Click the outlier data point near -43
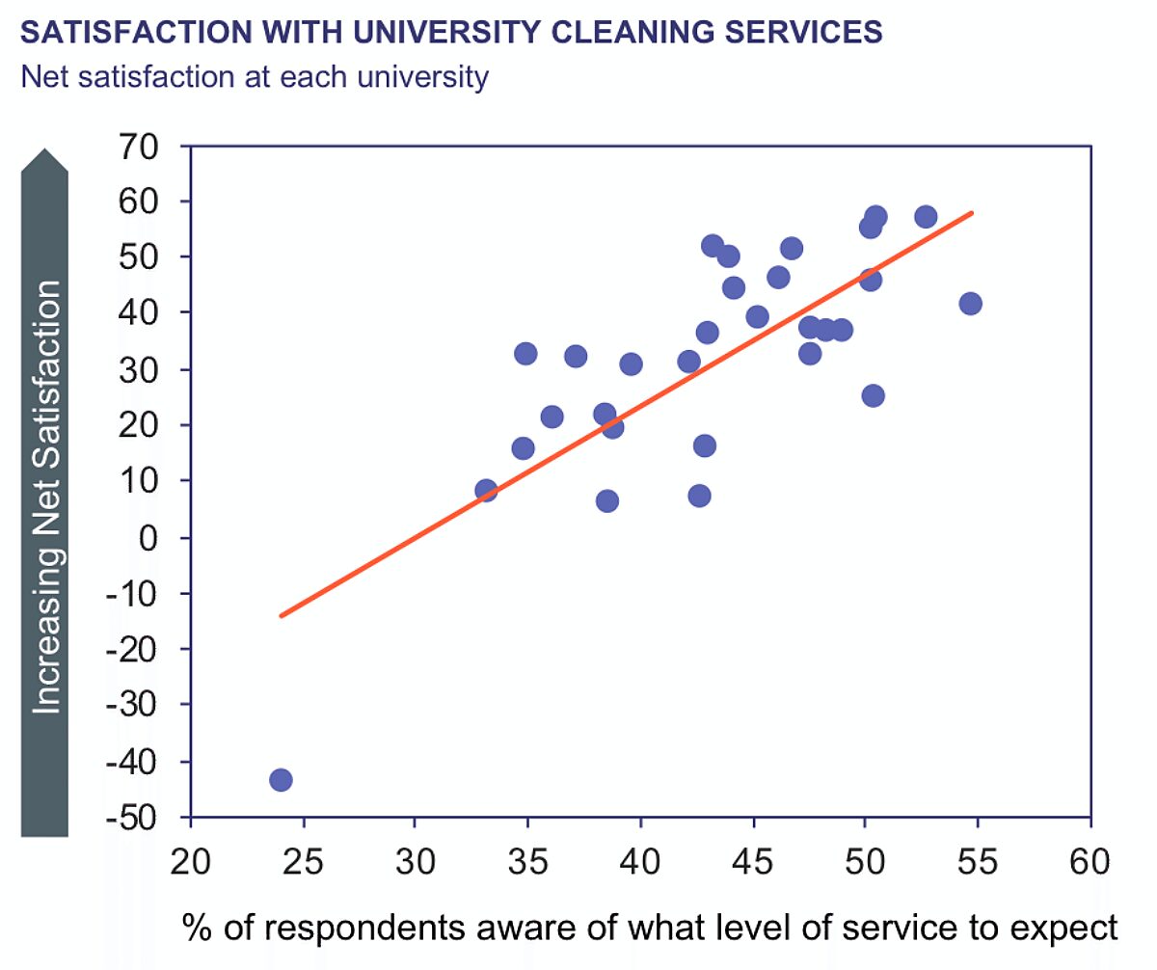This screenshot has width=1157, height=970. click(281, 779)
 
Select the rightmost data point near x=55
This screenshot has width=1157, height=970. click(970, 304)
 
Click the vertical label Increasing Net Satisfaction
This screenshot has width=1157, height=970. click(45, 497)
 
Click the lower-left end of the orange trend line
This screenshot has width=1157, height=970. click(281, 615)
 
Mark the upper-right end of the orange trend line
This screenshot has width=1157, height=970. click(972, 211)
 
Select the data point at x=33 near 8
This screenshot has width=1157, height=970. click(486, 491)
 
